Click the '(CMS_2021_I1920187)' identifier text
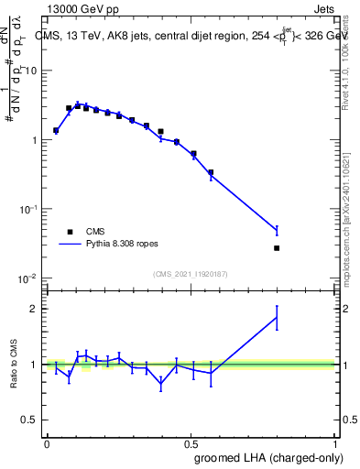pos(191,274)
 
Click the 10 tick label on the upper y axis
pos(31,71)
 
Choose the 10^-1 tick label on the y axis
pos(28,209)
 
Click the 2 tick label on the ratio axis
pos(37,309)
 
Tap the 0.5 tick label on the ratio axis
pos(32,420)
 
